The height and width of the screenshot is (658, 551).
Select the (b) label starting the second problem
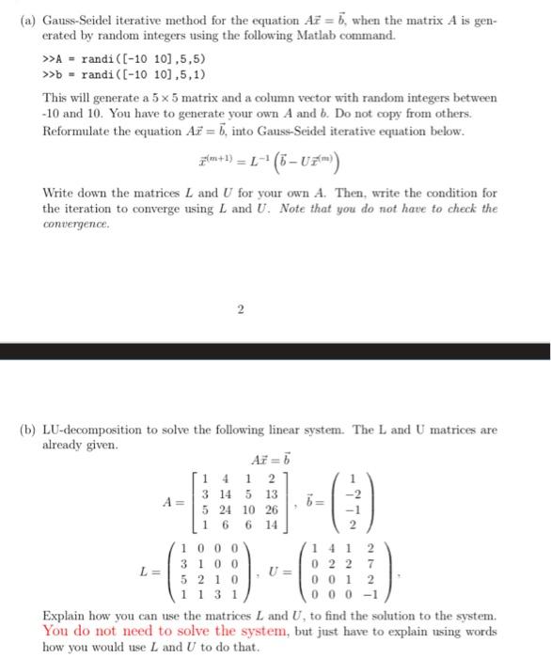coord(28,404)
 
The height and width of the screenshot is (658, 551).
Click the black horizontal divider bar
coord(275,351)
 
